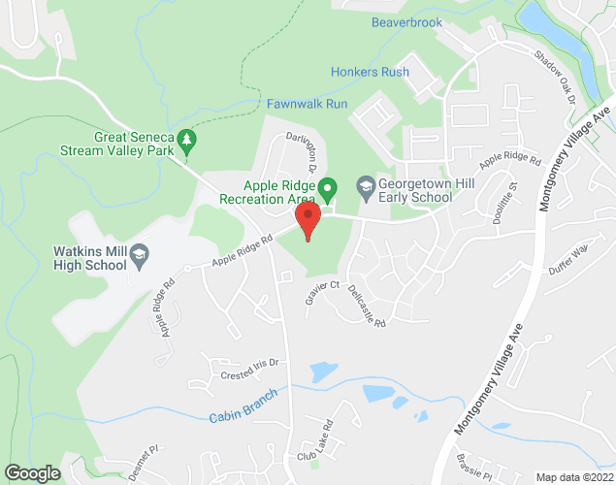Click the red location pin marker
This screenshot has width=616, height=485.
[308, 220]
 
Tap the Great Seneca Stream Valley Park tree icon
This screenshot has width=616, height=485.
[188, 142]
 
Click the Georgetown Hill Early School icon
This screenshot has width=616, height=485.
[366, 184]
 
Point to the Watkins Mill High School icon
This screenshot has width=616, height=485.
[140, 255]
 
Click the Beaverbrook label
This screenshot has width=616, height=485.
[407, 21]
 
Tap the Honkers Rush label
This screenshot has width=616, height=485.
[370, 72]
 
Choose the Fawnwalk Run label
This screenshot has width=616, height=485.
[307, 103]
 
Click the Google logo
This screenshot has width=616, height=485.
[32, 472]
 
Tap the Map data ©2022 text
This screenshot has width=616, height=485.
[574, 477]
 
